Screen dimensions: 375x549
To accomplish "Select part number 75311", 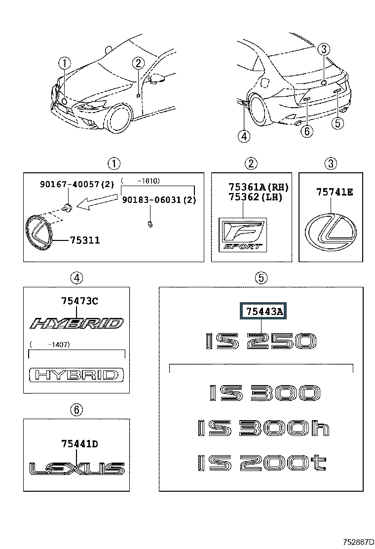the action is point(85,240).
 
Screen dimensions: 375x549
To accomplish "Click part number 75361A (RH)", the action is point(259,187).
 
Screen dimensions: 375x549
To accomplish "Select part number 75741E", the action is point(335,192).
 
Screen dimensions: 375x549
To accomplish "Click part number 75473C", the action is point(80,301).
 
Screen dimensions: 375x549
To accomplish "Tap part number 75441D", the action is point(80,444).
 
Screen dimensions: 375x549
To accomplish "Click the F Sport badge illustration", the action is point(242,235).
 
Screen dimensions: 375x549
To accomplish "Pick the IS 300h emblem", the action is point(263,428).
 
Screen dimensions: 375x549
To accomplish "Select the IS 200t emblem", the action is point(262,463).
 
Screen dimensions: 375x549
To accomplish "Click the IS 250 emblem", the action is point(260,341).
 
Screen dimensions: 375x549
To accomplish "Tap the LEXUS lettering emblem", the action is point(76,469).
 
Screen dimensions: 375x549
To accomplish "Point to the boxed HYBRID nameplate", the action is point(76,375).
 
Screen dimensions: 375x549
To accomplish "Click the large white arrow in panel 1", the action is point(97,202).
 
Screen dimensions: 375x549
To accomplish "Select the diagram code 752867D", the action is point(356,542).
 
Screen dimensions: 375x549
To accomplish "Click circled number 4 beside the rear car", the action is point(244,136).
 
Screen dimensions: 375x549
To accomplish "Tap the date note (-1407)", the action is point(50,345).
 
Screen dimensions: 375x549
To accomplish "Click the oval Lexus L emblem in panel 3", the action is point(331,232).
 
